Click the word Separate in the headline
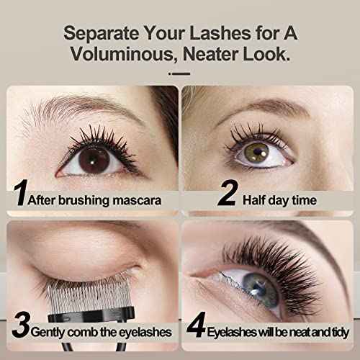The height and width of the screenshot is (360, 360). [x=102, y=34]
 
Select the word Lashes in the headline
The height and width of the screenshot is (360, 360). [x=220, y=33]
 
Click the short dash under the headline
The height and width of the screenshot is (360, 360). [x=179, y=73]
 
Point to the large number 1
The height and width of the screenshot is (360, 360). [x=21, y=192]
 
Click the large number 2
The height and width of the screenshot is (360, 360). [x=228, y=192]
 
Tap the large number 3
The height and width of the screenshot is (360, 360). [x=21, y=325]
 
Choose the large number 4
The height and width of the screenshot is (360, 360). [x=197, y=325]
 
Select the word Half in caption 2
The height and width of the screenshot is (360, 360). [x=253, y=200]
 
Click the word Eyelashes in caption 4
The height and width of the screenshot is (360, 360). [x=231, y=333]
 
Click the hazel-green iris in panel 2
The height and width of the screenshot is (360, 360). [x=256, y=153]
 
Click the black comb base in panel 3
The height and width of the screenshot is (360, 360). [x=91, y=315]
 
